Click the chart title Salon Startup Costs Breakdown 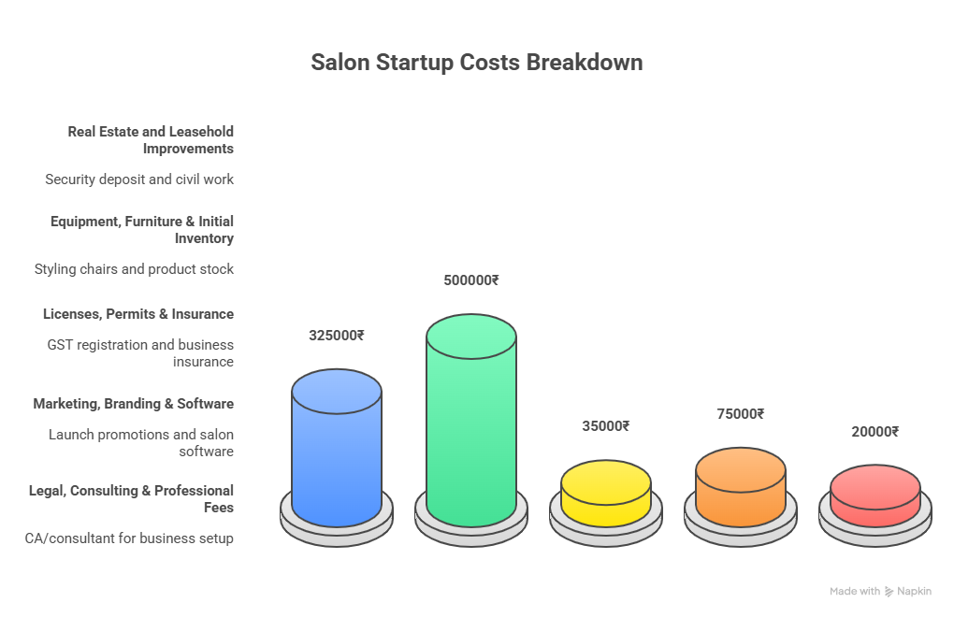(476, 64)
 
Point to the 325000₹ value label (337, 336)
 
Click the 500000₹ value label (471, 280)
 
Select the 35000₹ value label (606, 426)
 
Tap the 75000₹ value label (741, 414)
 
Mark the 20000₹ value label (875, 432)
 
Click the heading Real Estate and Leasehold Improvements (151, 139)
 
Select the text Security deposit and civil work (139, 179)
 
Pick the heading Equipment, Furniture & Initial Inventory (142, 229)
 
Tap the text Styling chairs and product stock (134, 269)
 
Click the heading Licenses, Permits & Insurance (138, 313)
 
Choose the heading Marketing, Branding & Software (134, 404)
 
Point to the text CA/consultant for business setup (130, 538)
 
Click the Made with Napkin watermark (880, 592)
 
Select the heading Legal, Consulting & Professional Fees (131, 498)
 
